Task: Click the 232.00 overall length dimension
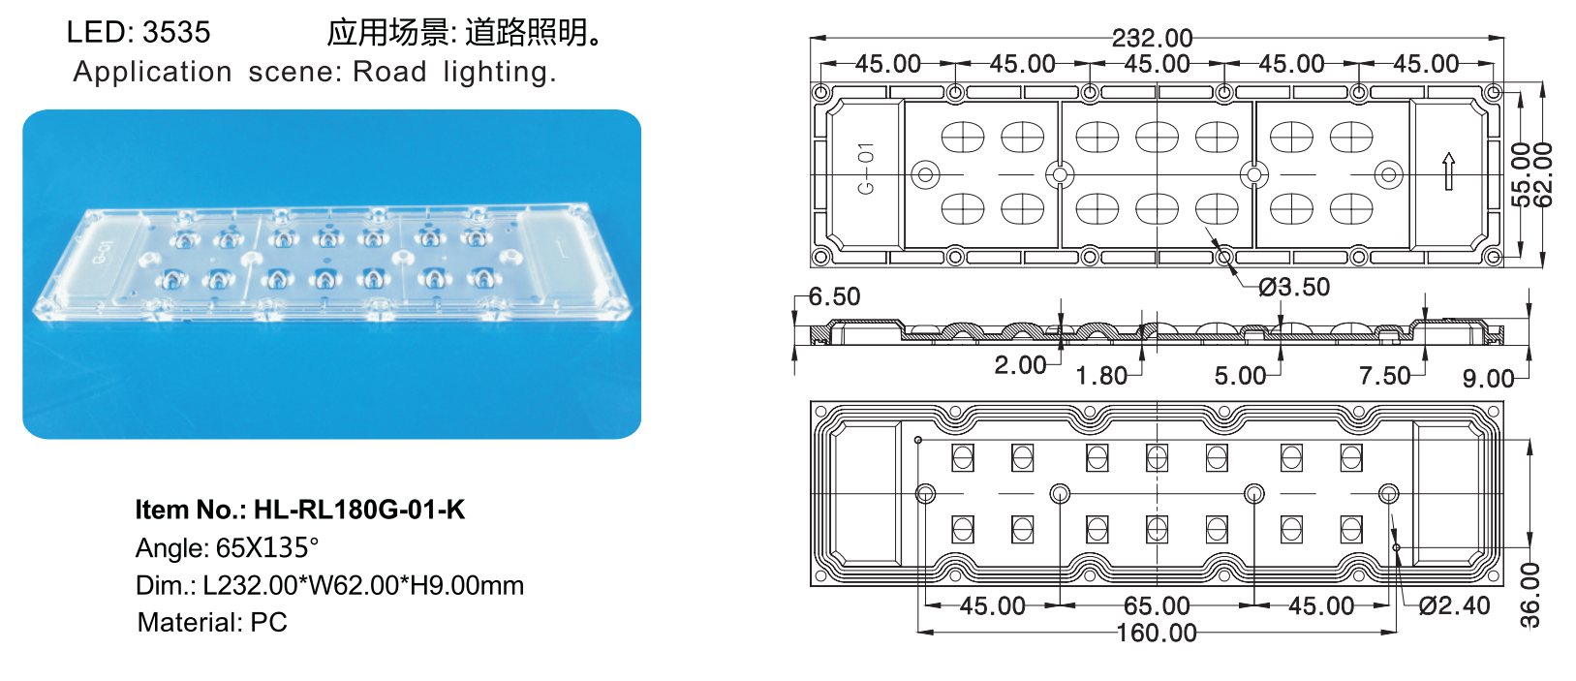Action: [1152, 38]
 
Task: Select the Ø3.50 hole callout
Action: [1294, 287]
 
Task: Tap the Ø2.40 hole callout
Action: [1454, 606]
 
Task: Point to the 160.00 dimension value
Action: [1157, 634]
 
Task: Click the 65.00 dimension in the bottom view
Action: [1157, 606]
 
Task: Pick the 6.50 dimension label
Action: [834, 296]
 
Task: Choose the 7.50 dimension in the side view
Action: [1384, 376]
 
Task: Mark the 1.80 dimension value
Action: [1101, 376]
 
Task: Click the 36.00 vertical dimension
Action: [1530, 595]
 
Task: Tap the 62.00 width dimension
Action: [1544, 174]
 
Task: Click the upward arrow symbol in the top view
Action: [1448, 171]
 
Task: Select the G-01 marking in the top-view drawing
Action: [866, 169]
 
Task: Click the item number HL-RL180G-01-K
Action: [358, 510]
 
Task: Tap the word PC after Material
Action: [268, 622]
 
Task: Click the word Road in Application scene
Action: [389, 72]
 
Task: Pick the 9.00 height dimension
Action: [1488, 379]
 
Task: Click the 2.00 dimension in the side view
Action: [1020, 365]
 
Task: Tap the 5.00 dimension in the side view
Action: [1240, 376]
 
